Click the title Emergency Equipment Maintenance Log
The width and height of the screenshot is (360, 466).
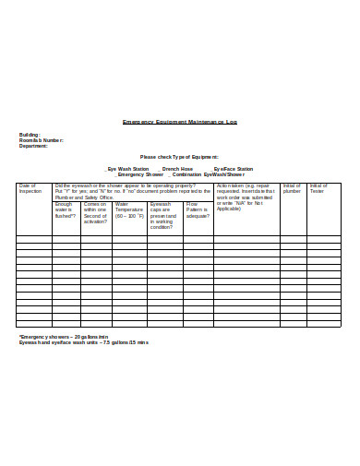(x=179, y=121)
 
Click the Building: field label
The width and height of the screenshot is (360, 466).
(x=30, y=135)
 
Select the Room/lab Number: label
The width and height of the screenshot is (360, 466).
(x=42, y=140)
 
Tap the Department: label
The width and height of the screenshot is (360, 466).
(x=33, y=146)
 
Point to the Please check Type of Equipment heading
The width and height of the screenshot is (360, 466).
(x=179, y=157)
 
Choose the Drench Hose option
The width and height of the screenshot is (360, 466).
(x=175, y=169)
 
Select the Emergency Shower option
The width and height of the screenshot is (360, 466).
(x=138, y=174)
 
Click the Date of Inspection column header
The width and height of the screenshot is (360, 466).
(x=31, y=188)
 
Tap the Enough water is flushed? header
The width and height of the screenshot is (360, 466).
(x=66, y=211)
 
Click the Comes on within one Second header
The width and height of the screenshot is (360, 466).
(x=96, y=214)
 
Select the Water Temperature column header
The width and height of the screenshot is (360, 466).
(x=129, y=211)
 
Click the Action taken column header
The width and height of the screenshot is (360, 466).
(x=244, y=197)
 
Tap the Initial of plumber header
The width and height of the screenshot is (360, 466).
(x=292, y=188)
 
